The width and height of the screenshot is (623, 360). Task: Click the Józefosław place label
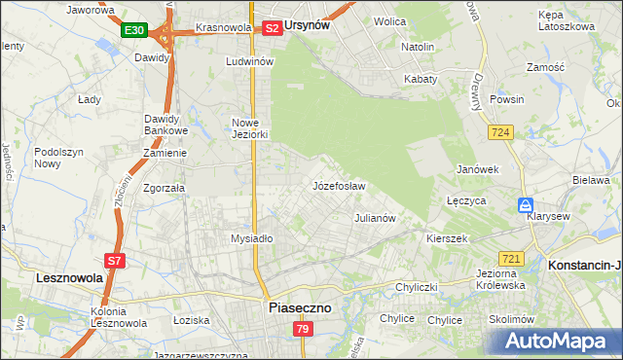[x=338, y=185]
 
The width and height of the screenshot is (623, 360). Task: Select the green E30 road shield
[x=134, y=31]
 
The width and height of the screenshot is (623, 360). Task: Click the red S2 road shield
[x=273, y=28]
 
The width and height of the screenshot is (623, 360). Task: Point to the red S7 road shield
[x=115, y=261]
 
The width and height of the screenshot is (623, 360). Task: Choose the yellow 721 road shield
[x=511, y=259]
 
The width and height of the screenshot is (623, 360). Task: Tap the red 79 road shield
[x=303, y=331]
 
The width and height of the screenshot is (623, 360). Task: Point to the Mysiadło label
[x=252, y=238]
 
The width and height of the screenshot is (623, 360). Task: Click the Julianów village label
[x=375, y=218]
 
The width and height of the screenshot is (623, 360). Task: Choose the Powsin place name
[x=507, y=99]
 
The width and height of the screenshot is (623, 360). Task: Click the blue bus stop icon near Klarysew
[x=525, y=206]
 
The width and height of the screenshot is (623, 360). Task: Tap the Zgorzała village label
[x=164, y=188]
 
